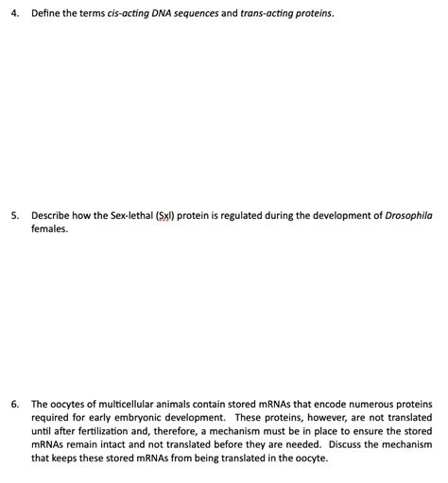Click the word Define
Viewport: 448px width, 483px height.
click(47, 15)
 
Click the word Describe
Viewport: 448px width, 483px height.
click(53, 215)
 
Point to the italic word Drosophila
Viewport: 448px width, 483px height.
click(409, 215)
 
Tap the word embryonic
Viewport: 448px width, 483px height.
click(139, 416)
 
